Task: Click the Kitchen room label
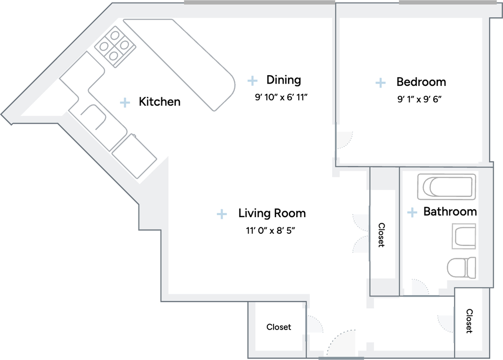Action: (160, 102)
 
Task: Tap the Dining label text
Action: (283, 80)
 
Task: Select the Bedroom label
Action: (421, 82)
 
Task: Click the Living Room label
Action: (272, 213)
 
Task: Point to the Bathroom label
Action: (450, 212)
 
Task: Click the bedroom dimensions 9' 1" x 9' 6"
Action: (419, 99)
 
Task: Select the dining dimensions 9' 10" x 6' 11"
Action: (281, 97)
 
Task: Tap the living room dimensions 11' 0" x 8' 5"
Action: (271, 230)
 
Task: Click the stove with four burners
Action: (115, 47)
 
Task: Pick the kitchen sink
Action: (93, 117)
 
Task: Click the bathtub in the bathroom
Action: (447, 187)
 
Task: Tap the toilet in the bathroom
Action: (462, 267)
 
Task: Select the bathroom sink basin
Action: (464, 237)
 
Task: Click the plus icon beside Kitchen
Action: (125, 102)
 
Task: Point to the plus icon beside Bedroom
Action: (381, 83)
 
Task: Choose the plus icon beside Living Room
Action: (222, 214)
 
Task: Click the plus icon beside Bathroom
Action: (412, 212)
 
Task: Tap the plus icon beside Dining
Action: (252, 81)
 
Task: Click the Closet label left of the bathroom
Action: (381, 235)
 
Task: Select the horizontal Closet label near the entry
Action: (279, 327)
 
